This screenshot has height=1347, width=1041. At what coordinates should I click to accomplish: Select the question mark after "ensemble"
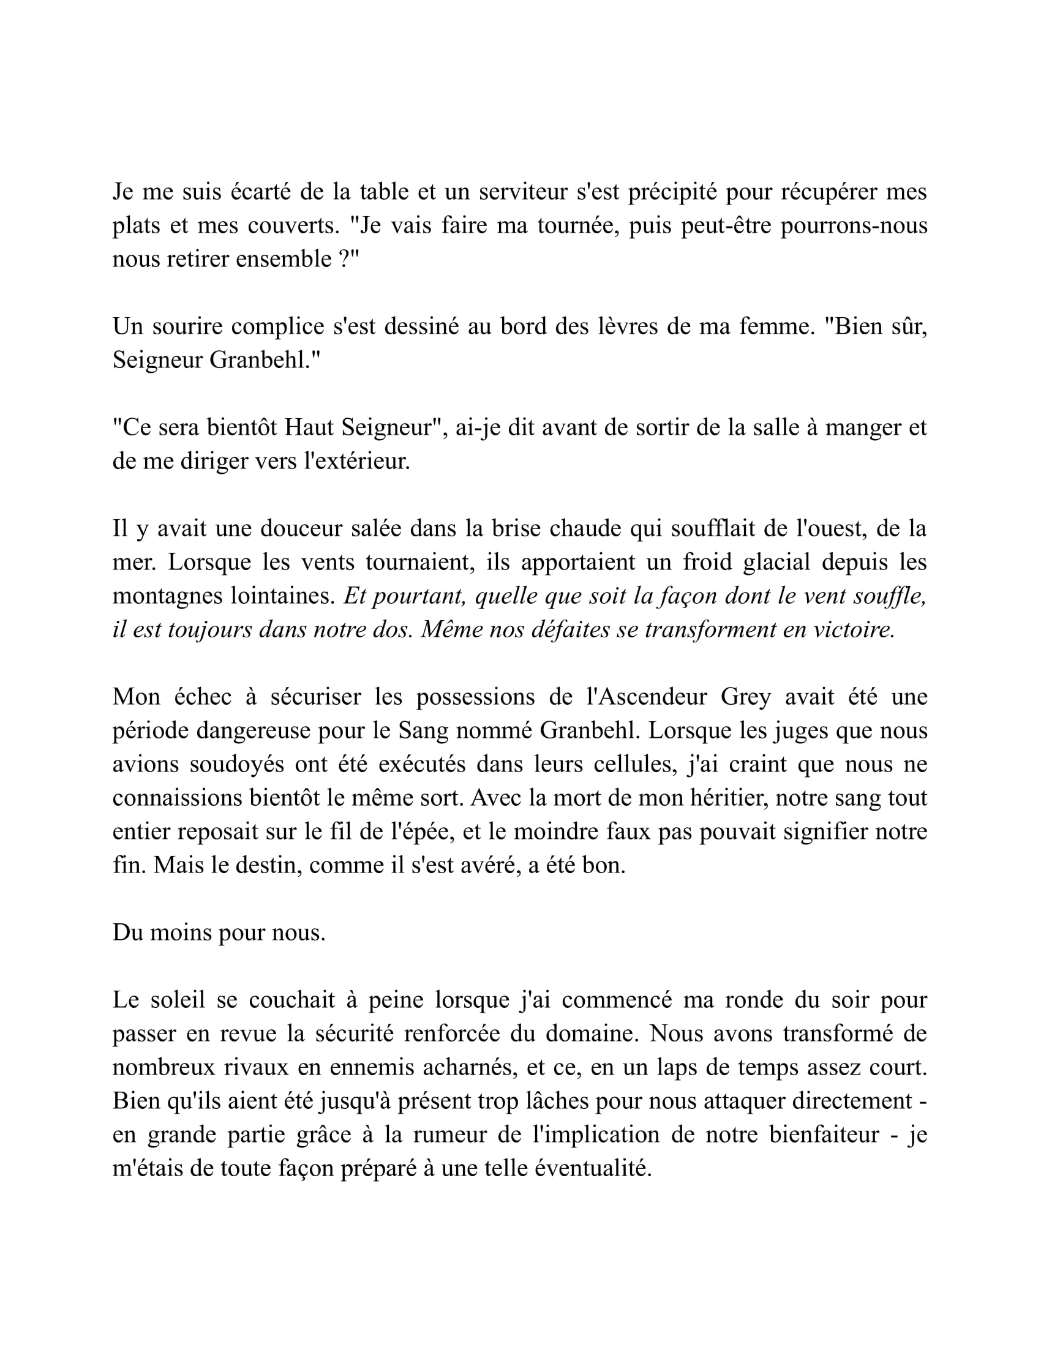coord(345,259)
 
